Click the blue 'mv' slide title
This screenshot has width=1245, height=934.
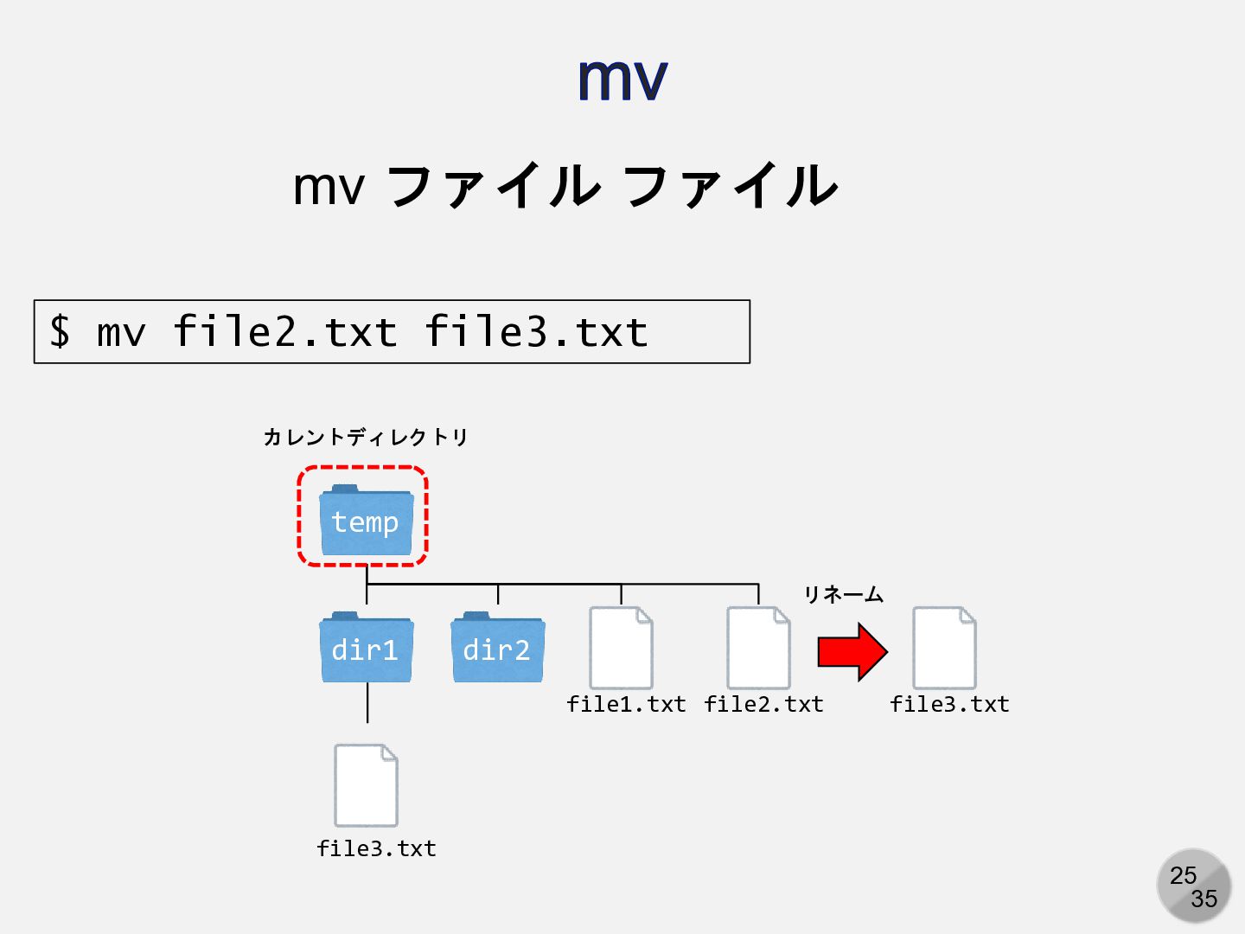click(x=622, y=80)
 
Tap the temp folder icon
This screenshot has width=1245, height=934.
click(x=366, y=521)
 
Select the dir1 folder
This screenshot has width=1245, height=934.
click(x=366, y=649)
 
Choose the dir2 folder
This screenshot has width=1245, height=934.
click(x=497, y=649)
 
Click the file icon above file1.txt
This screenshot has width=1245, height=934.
click(x=621, y=648)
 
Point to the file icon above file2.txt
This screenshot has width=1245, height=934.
click(x=758, y=648)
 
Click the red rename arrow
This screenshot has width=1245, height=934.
click(x=852, y=651)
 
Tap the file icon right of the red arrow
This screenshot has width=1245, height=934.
click(x=944, y=648)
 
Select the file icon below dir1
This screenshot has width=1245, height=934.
click(x=366, y=785)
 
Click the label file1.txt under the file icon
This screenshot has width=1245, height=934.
click(x=626, y=705)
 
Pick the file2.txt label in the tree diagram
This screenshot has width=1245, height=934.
click(x=763, y=705)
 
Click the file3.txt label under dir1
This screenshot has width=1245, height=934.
click(x=376, y=849)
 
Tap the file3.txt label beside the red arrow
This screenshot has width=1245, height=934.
click(x=949, y=705)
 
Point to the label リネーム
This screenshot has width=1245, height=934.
click(x=843, y=595)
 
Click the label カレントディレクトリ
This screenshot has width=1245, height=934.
click(x=365, y=438)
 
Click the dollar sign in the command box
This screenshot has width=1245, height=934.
click(x=60, y=332)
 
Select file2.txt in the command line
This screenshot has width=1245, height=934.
click(x=284, y=332)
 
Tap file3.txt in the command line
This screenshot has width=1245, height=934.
click(x=536, y=332)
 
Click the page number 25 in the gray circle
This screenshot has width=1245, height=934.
click(x=1183, y=875)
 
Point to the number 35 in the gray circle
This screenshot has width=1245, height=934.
click(x=1203, y=899)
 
